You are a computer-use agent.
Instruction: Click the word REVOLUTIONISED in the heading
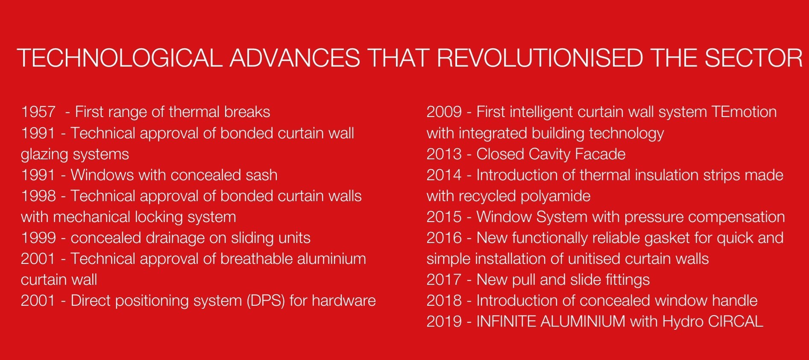[540, 58]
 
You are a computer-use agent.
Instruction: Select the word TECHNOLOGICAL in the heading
[120, 58]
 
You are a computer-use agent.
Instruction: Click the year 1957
[38, 112]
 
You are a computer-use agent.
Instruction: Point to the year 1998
[38, 196]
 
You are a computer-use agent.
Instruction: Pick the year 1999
[38, 238]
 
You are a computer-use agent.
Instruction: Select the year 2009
[444, 112]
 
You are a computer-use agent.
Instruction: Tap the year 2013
[444, 154]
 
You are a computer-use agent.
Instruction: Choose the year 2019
[444, 321]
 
